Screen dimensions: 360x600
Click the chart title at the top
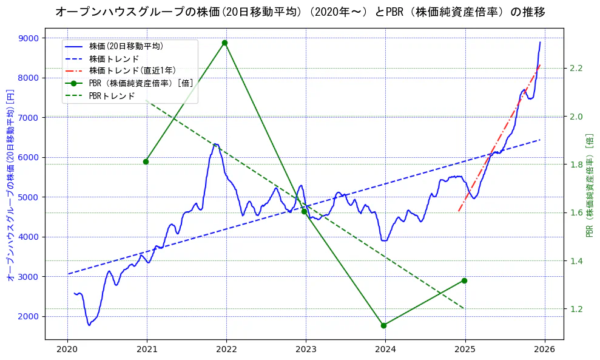300,12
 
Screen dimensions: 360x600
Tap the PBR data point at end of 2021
225,42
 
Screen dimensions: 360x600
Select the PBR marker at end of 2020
146,161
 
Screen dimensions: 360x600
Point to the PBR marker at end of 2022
304,211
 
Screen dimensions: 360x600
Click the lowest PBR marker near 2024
383,325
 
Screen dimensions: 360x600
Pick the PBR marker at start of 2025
464,280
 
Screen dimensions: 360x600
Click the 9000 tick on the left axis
29,38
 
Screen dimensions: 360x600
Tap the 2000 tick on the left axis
29,316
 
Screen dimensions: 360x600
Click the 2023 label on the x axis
306,350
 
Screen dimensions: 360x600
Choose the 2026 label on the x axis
544,350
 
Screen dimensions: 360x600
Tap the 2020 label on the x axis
67,350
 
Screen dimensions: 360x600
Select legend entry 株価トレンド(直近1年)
132,70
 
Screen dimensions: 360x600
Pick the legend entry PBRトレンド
112,96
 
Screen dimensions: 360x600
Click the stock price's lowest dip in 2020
89,325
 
